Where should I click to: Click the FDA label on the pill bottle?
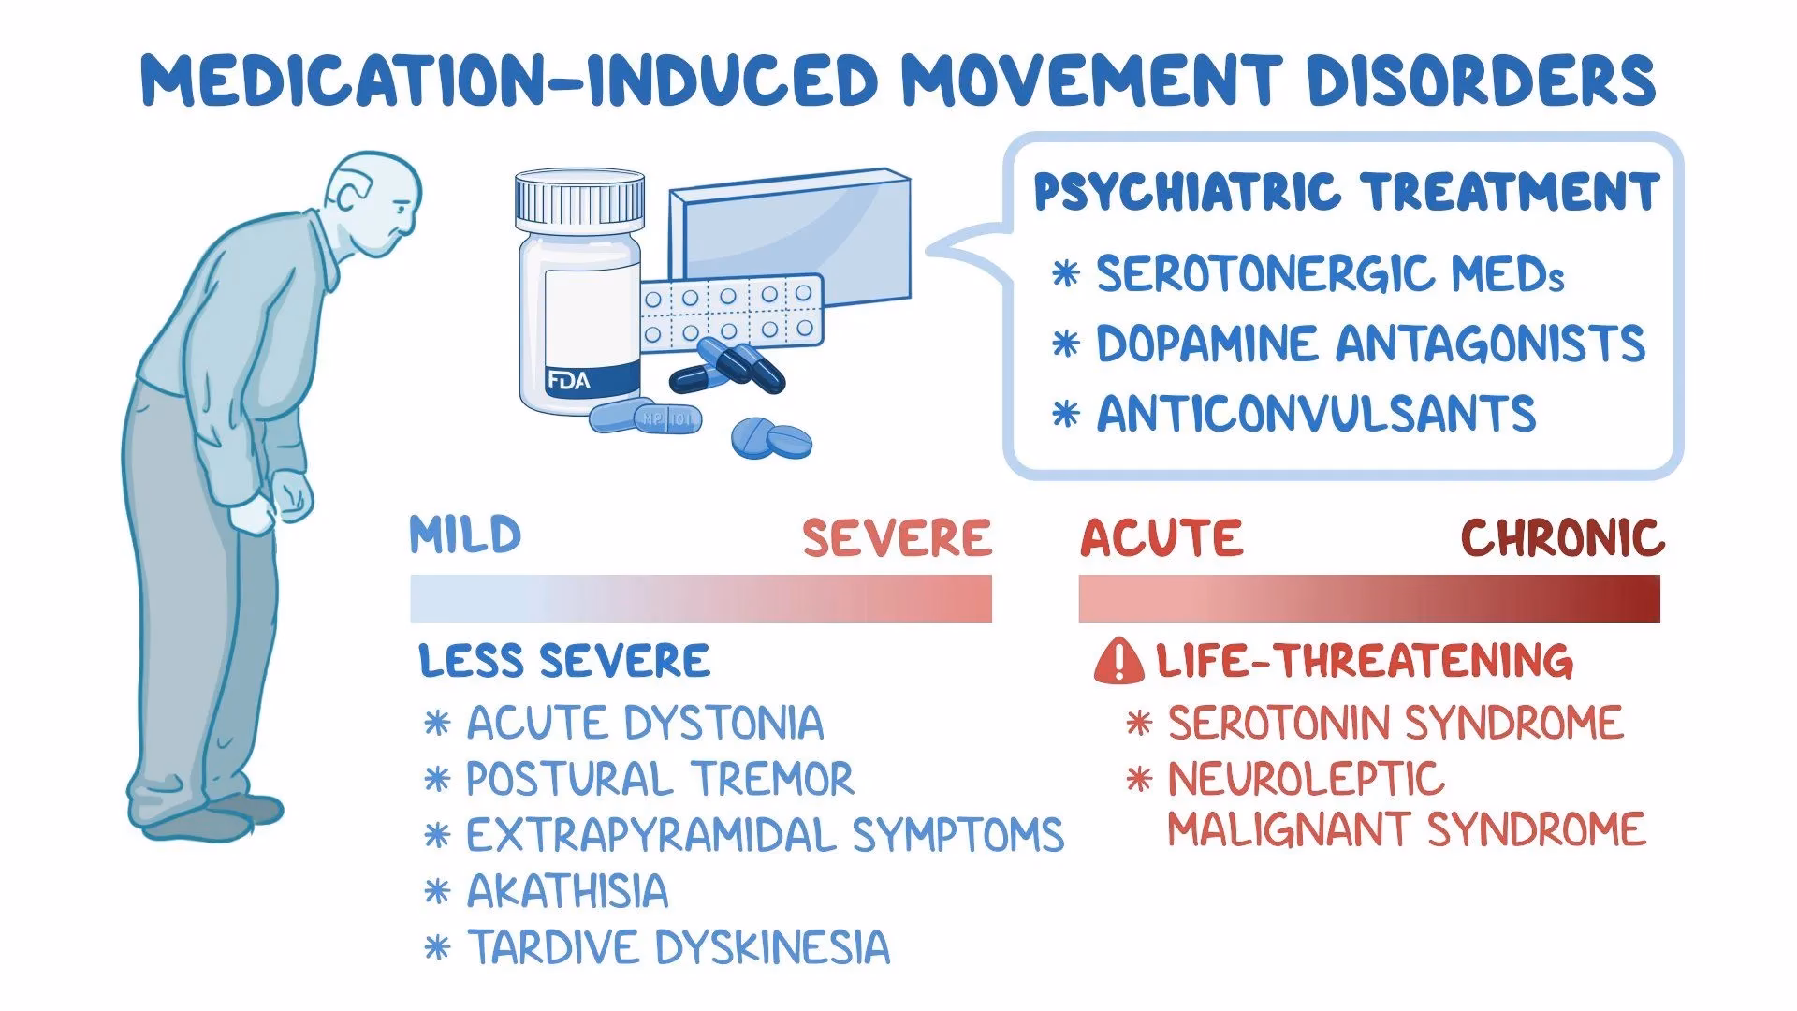tap(569, 381)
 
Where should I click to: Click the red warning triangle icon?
tap(1118, 661)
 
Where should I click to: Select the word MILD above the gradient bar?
tap(465, 535)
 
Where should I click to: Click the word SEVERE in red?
tap(897, 538)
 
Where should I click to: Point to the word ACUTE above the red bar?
tap(1161, 538)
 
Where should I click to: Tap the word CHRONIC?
tap(1562, 538)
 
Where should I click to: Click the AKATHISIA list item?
tap(567, 891)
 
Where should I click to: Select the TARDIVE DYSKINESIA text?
tap(678, 946)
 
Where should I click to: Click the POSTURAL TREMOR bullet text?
tap(660, 779)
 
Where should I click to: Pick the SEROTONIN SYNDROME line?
tap(1395, 723)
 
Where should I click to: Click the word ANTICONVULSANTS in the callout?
tap(1316, 414)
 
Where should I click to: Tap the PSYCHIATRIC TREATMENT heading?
tap(1347, 193)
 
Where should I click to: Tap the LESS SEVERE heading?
tap(564, 661)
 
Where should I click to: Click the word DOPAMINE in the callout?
tap(1208, 344)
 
